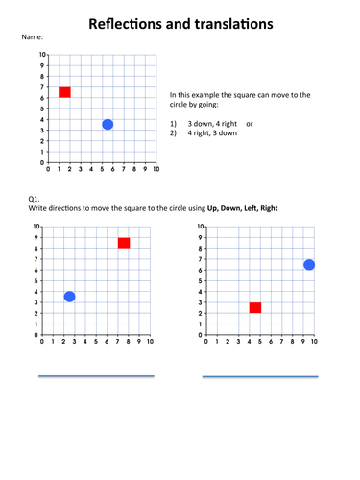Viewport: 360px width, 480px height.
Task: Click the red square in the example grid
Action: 64,92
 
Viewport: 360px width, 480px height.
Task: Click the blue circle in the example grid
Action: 108,125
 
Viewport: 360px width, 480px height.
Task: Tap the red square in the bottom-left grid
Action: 124,243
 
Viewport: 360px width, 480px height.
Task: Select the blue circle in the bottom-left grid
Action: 69,297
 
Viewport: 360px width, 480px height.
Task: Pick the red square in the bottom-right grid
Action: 255,307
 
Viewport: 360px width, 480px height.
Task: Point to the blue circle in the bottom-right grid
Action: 309,265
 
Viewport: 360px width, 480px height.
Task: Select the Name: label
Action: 32,36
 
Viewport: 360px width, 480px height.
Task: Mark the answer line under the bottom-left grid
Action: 96,376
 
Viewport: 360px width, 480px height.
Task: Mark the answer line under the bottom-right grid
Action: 259,376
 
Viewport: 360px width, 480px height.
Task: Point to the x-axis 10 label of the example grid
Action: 156,169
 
